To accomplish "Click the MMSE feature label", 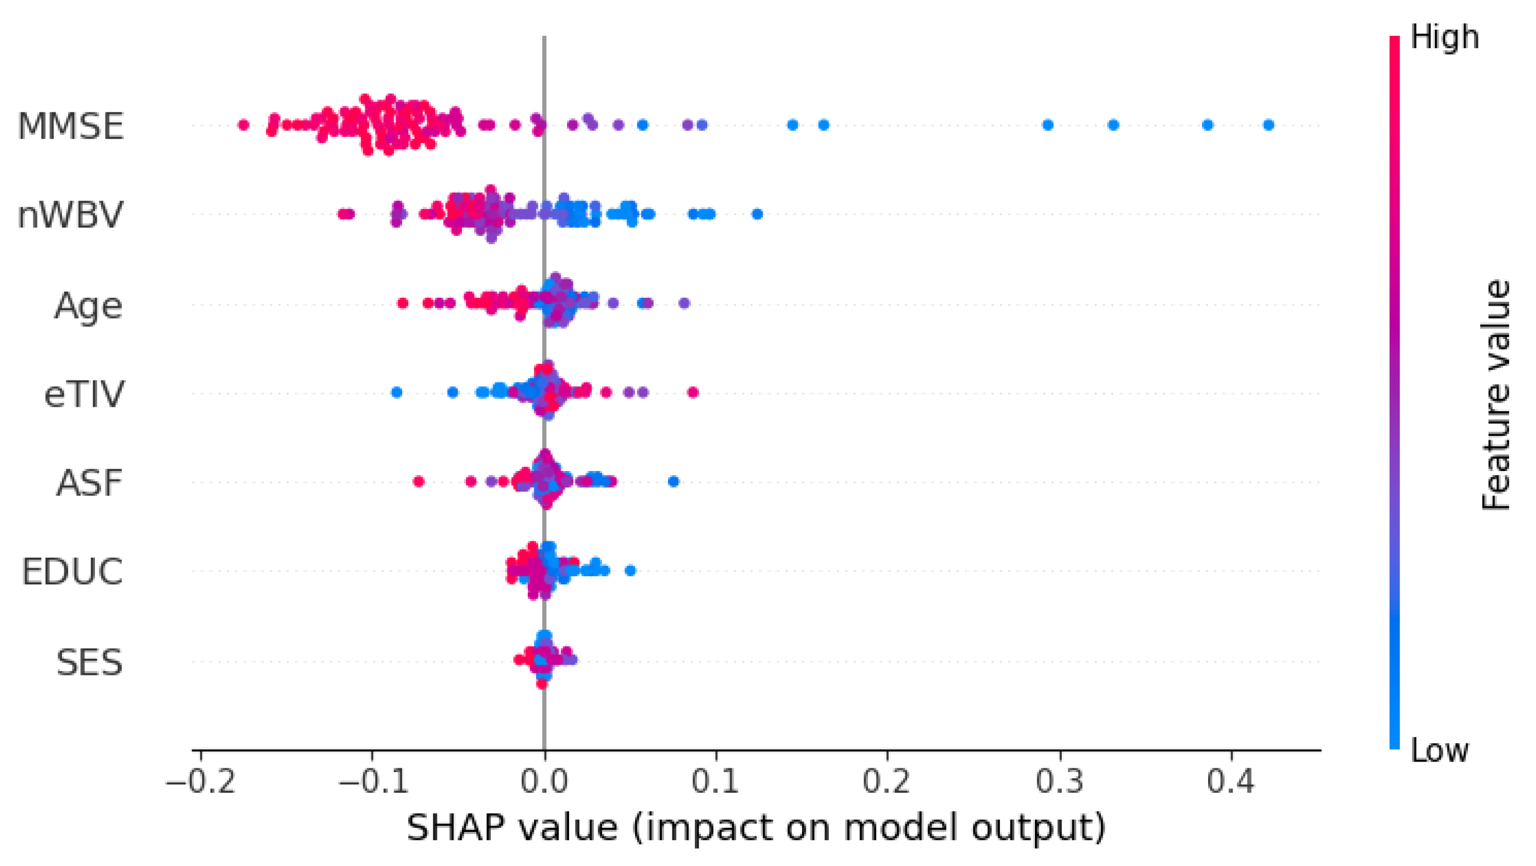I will pos(70,126).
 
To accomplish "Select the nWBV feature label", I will pos(70,215).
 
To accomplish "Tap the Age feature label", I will pos(88,306).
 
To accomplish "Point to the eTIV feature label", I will pos(84,394).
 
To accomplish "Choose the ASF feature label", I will pos(89,483).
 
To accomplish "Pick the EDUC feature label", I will pos(72,572).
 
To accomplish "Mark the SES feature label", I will pos(89,662).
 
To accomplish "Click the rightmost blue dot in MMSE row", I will pos(1269,125).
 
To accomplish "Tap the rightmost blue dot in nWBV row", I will pos(757,214).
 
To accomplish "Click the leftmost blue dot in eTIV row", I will pos(397,392).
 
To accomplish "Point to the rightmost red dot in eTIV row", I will pos(693,392).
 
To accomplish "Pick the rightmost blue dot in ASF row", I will pos(674,481).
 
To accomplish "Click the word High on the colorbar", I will pos(1444,37).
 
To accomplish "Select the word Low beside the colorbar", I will pos(1439,751).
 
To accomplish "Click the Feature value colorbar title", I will pos(1495,395).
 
